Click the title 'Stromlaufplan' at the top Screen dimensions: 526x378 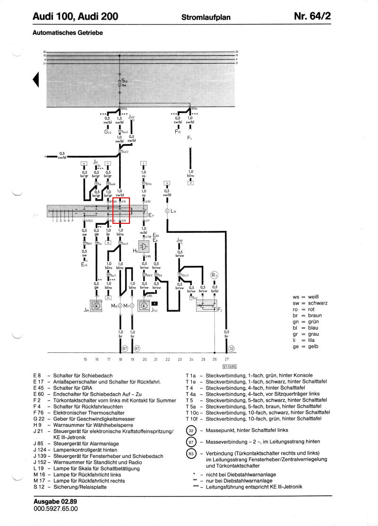point(206,17)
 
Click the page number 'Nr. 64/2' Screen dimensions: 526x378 point(312,17)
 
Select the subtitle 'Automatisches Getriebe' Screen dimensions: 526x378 point(68,33)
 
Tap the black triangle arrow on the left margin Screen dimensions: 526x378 point(35,80)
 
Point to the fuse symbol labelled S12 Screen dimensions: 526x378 point(120,84)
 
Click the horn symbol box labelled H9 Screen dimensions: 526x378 point(144,246)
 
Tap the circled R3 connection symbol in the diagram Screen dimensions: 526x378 point(215,275)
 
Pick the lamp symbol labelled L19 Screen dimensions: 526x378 point(167,211)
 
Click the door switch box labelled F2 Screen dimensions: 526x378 point(206,306)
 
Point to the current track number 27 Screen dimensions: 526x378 point(226,359)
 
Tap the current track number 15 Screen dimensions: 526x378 point(85,359)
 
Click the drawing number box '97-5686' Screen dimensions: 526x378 point(229,366)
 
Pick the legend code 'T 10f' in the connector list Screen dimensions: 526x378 point(191,418)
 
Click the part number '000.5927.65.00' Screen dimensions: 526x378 point(56,509)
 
